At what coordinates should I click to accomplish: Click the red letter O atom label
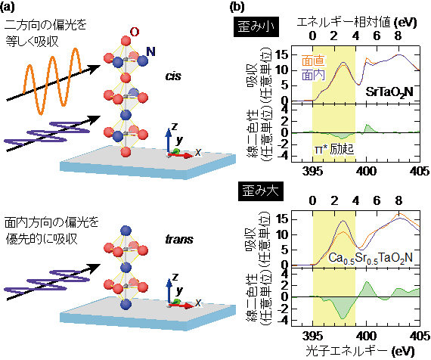point(135,33)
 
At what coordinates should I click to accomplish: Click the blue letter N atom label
point(150,51)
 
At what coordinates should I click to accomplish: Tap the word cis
point(173,76)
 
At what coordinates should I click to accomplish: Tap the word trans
point(179,239)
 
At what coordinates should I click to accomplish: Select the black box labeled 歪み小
point(256,26)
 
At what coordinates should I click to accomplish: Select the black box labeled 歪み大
point(260,191)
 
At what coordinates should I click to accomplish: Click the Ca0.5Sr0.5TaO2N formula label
point(371,258)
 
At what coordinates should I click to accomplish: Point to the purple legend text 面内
point(313,75)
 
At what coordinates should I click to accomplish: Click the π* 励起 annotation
point(334,149)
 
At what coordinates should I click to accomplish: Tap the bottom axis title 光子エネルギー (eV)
point(360,352)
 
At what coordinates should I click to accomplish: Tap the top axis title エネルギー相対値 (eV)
point(357,22)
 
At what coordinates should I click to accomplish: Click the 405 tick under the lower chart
point(420,336)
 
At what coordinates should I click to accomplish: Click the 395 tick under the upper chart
point(312,172)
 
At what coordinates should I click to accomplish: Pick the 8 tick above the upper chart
point(398,36)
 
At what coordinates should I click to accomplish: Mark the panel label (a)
point(7,7)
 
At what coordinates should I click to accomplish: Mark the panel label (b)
point(237,7)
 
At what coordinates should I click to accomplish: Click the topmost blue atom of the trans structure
point(126,231)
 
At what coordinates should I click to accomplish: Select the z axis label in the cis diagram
point(174,126)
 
